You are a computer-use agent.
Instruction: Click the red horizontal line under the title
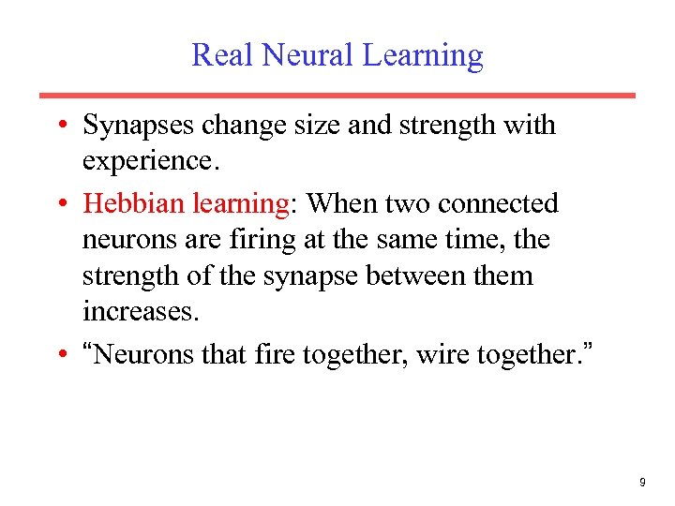coord(337,95)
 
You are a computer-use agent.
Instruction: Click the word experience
coord(150,161)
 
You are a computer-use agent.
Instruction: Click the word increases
coord(141,312)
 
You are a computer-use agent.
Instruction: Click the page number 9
coord(642,482)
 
